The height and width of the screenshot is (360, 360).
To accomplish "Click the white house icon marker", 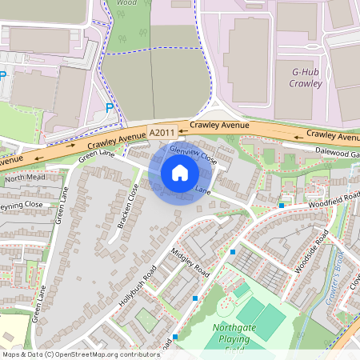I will [180, 172].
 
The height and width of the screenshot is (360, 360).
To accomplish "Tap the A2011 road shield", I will [162, 131].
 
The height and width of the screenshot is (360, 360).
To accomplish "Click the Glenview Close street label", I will [194, 155].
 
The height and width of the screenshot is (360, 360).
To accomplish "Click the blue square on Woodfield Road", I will [282, 205].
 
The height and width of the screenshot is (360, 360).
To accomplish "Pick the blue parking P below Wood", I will [110, 107].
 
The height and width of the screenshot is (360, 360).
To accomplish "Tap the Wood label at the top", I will [126, 3].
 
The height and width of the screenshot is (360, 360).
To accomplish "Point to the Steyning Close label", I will [20, 205].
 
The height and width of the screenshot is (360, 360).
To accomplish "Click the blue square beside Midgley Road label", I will [233, 252].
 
